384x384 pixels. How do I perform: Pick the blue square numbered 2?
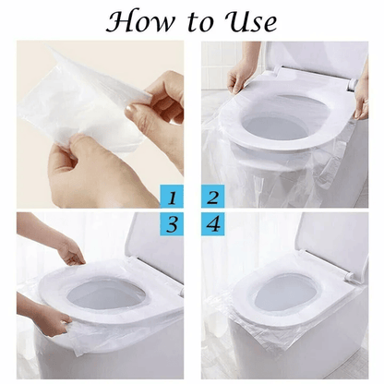point(212,196)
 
